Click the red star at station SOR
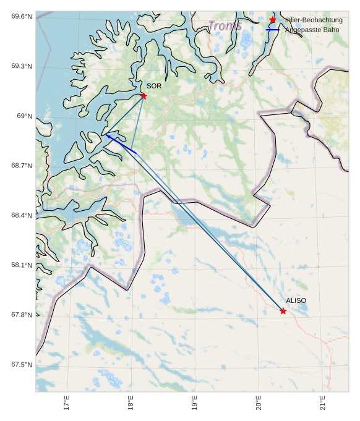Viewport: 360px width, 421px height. tap(144, 96)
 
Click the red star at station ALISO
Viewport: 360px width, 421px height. tap(283, 311)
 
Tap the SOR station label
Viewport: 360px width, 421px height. tap(154, 86)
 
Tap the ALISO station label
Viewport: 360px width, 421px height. tap(296, 300)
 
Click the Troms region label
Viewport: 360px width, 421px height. tap(225, 26)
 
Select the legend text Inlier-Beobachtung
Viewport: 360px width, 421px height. tap(314, 20)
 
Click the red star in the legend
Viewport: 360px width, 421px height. tap(272, 20)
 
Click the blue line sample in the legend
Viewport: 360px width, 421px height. tap(272, 30)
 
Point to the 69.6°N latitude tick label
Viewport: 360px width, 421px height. tap(22, 17)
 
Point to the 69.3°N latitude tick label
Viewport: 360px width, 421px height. tap(22, 66)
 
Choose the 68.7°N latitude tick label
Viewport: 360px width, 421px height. tap(22, 166)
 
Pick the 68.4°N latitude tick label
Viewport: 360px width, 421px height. tap(22, 215)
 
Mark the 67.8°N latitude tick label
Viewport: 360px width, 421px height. tap(22, 315)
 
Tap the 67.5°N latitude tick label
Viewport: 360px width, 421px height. tap(22, 364)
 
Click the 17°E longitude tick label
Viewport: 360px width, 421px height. tap(67, 402)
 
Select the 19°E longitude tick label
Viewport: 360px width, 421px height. tap(195, 402)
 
